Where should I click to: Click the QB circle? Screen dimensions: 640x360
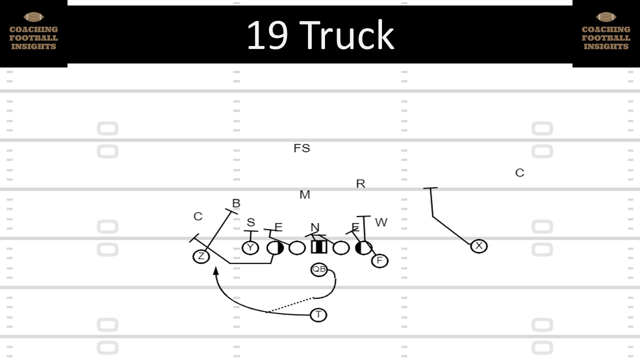click(319, 269)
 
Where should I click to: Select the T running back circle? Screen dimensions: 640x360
click(318, 315)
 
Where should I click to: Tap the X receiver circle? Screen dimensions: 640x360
click(479, 245)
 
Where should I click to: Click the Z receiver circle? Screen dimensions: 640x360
click(201, 256)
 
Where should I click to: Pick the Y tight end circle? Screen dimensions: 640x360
click(250, 247)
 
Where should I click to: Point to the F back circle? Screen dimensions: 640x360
click(379, 260)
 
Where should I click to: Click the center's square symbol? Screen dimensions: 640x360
click(319, 247)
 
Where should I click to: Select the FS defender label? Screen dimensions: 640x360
click(301, 148)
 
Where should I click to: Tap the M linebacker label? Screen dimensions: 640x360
click(304, 195)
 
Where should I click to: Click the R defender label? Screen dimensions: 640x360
click(360, 184)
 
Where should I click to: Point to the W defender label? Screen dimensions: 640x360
click(381, 222)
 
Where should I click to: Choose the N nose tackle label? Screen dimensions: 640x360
click(314, 227)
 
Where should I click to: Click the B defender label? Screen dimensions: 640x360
click(236, 203)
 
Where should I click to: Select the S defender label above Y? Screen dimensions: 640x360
click(250, 222)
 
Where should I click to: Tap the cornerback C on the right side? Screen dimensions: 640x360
click(519, 173)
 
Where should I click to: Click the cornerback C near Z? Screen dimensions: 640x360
click(198, 216)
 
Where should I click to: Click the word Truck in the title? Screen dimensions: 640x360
click(348, 35)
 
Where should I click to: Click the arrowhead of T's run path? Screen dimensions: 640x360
click(215, 270)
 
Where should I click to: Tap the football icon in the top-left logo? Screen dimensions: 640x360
click(33, 17)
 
